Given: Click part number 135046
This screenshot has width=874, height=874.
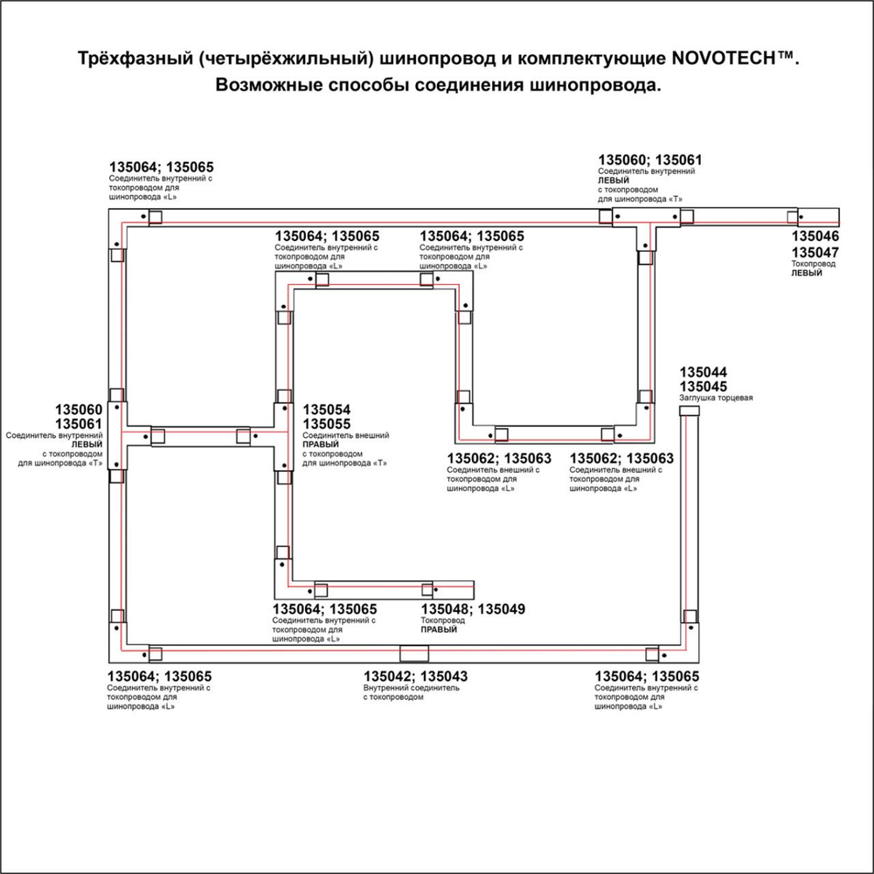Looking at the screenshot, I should click(x=815, y=237).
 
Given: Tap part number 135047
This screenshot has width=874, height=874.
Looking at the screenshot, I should click(x=815, y=252).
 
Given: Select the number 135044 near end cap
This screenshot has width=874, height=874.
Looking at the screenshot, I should click(x=704, y=372).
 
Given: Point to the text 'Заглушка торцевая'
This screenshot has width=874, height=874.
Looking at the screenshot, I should click(x=716, y=398).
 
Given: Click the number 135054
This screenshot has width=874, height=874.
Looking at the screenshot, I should click(x=326, y=410).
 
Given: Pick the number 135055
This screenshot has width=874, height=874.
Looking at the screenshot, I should click(x=326, y=424).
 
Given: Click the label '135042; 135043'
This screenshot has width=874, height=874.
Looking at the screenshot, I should click(x=415, y=676).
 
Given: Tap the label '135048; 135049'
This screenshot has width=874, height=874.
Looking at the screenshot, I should click(x=473, y=609).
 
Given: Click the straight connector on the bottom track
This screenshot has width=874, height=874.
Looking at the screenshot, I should click(x=414, y=653).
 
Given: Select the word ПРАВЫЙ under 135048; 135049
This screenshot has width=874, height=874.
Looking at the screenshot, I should click(x=440, y=629).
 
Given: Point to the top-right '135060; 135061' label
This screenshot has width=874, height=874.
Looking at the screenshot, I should click(x=649, y=160).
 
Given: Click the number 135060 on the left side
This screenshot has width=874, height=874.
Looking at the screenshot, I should click(x=80, y=410).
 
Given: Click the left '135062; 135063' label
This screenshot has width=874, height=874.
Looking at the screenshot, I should click(x=498, y=458).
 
